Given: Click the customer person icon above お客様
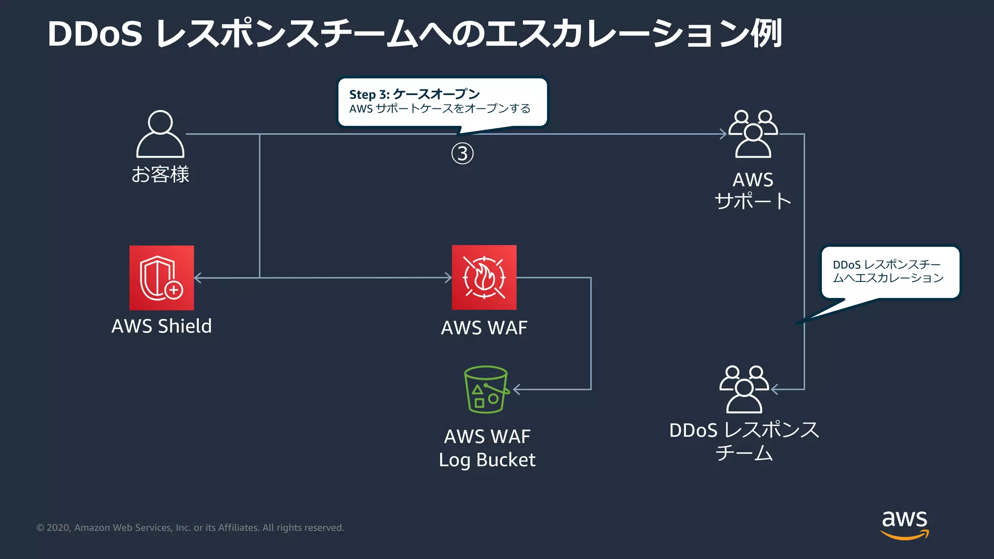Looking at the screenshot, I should [160, 134].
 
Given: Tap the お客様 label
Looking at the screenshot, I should [160, 174].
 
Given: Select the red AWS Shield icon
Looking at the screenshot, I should [162, 278].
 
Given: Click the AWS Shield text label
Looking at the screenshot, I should [162, 326].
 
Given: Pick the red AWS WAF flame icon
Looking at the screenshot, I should [484, 278].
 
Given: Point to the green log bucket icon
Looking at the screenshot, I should [486, 389].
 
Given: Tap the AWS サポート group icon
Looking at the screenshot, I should [753, 134].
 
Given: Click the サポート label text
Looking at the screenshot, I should [753, 201].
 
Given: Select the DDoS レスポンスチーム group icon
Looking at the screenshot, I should [744, 389].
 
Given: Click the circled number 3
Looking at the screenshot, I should [462, 153].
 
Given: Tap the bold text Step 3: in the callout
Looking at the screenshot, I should [369, 94].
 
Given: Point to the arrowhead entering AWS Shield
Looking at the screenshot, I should [198, 278].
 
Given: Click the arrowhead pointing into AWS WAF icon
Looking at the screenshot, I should [448, 278].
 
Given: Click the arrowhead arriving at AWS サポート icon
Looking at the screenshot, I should [723, 134].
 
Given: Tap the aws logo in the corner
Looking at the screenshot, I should [905, 524].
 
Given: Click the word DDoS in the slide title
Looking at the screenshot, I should [95, 34].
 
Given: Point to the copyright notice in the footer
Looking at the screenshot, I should [190, 527].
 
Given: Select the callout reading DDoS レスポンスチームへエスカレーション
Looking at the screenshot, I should [890, 272].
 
